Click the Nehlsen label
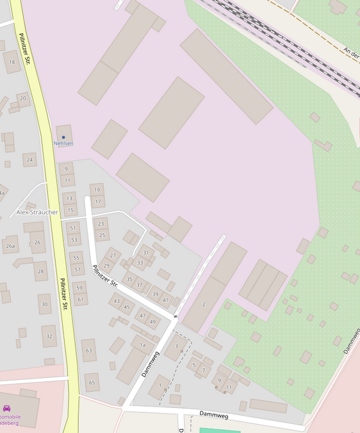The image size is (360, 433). [63, 143]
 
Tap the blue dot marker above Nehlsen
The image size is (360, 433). [63, 137]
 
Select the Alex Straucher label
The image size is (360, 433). [37, 212]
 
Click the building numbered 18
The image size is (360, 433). [12, 62]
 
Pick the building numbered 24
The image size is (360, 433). [29, 159]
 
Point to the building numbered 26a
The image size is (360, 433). [10, 245]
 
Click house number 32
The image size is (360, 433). [49, 336]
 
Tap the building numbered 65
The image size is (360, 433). [92, 382]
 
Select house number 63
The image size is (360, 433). [88, 350]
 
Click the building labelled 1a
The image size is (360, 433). [143, 345]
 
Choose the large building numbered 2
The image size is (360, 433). [204, 304]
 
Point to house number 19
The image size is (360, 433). [97, 190]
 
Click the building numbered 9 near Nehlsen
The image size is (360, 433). [66, 169]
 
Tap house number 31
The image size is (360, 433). [146, 253]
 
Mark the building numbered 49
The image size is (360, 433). [152, 322]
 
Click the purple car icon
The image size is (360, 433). [6, 408]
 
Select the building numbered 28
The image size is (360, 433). [41, 272]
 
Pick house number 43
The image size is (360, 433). [117, 301]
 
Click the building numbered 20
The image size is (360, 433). [23, 98]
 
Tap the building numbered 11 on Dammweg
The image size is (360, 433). [229, 388]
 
